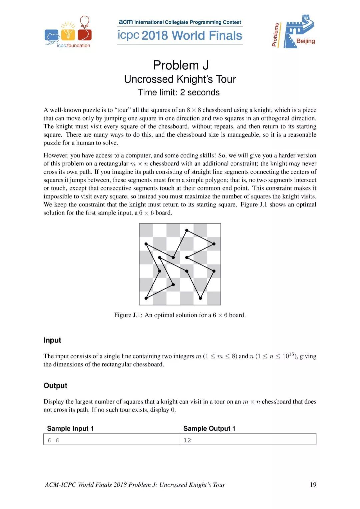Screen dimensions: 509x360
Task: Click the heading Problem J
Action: coord(181,65)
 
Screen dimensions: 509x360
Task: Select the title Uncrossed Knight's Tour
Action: coord(180,79)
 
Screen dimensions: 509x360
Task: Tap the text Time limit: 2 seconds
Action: coord(179,92)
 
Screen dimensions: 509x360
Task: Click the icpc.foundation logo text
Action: coord(73,46)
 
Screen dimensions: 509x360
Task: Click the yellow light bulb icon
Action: coord(69,33)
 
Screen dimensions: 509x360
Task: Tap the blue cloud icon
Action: coord(52,36)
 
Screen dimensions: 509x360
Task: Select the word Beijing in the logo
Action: coord(305,41)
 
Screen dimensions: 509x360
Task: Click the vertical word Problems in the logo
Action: coord(276,35)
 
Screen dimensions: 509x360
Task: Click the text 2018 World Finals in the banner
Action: coord(192,36)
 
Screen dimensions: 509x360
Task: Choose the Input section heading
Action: coord(52,340)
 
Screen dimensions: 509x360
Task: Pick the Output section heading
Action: coord(55,386)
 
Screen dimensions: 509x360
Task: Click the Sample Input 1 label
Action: coord(70,429)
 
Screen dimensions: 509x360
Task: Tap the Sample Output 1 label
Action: coord(209,429)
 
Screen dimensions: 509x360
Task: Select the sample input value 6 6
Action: coord(53,440)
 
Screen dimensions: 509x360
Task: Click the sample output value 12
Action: coord(187,440)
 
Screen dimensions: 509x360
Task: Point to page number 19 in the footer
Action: coord(313,485)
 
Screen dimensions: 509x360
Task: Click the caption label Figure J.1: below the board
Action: coord(128,315)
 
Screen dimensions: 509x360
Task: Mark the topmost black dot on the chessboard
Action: coord(187,230)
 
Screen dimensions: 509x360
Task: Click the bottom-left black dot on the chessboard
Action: coord(146,298)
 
